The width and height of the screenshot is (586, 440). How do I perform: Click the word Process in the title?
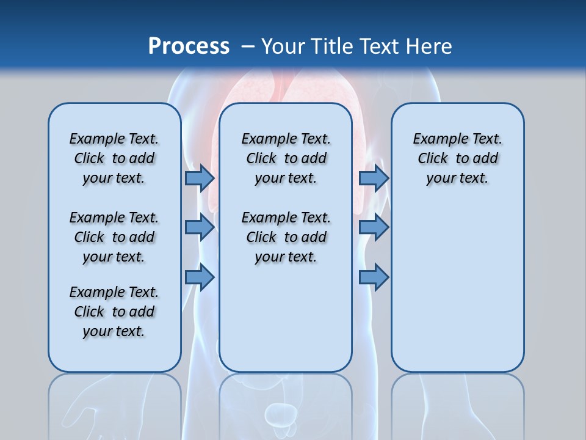pyautogui.click(x=189, y=46)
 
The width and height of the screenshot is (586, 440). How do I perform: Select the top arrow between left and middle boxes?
pyautogui.click(x=200, y=178)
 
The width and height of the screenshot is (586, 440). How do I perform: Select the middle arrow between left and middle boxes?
pyautogui.click(x=200, y=227)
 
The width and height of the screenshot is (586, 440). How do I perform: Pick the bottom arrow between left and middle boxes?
pyautogui.click(x=200, y=277)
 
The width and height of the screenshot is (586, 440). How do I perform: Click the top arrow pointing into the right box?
pyautogui.click(x=374, y=178)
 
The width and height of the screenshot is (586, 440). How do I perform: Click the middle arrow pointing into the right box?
pyautogui.click(x=374, y=227)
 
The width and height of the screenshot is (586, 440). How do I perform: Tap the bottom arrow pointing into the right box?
pyautogui.click(x=374, y=277)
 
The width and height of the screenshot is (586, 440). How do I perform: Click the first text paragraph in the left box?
pyautogui.click(x=114, y=158)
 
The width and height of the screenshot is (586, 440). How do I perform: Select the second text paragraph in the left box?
pyautogui.click(x=114, y=237)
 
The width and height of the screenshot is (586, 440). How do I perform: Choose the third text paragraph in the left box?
pyautogui.click(x=114, y=312)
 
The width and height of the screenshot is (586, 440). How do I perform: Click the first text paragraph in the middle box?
pyautogui.click(x=286, y=158)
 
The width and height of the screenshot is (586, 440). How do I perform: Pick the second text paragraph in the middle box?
pyautogui.click(x=286, y=237)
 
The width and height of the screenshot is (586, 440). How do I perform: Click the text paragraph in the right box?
pyautogui.click(x=457, y=158)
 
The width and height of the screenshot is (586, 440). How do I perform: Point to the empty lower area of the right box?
pyautogui.click(x=457, y=287)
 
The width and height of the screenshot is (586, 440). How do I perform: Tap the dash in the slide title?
pyautogui.click(x=248, y=46)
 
